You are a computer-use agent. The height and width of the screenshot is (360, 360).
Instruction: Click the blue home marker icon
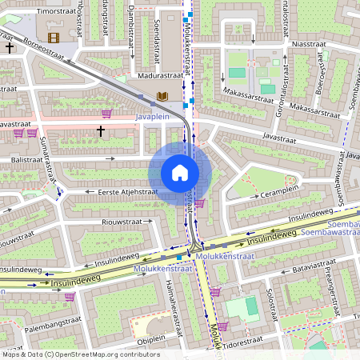pos(180,173)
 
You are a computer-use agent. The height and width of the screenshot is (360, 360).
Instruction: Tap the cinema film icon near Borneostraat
pos(54,37)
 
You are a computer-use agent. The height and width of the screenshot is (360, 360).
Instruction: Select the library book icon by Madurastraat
pos(162,97)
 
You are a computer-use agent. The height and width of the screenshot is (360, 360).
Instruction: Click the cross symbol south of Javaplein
pos(101,130)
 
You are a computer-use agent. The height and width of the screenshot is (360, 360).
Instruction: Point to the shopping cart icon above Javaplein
pos(106,114)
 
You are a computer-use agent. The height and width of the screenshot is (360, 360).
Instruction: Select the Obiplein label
pos(150,338)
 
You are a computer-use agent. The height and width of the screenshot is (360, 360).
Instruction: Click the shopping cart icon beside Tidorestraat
pos(223,326)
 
